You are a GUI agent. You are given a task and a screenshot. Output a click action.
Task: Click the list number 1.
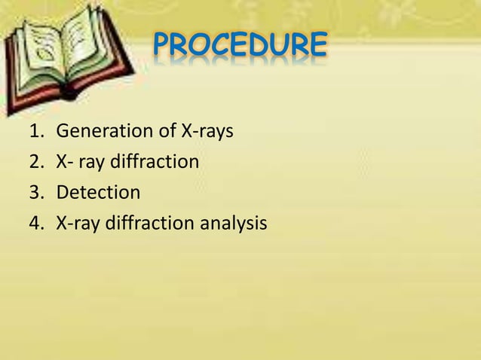(x=34, y=132)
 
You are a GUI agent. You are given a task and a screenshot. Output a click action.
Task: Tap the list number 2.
(x=34, y=162)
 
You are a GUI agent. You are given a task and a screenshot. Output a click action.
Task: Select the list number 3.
(x=34, y=193)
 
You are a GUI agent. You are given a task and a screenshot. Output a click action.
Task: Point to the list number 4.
(x=34, y=224)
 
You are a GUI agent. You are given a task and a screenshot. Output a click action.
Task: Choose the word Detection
(x=99, y=193)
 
